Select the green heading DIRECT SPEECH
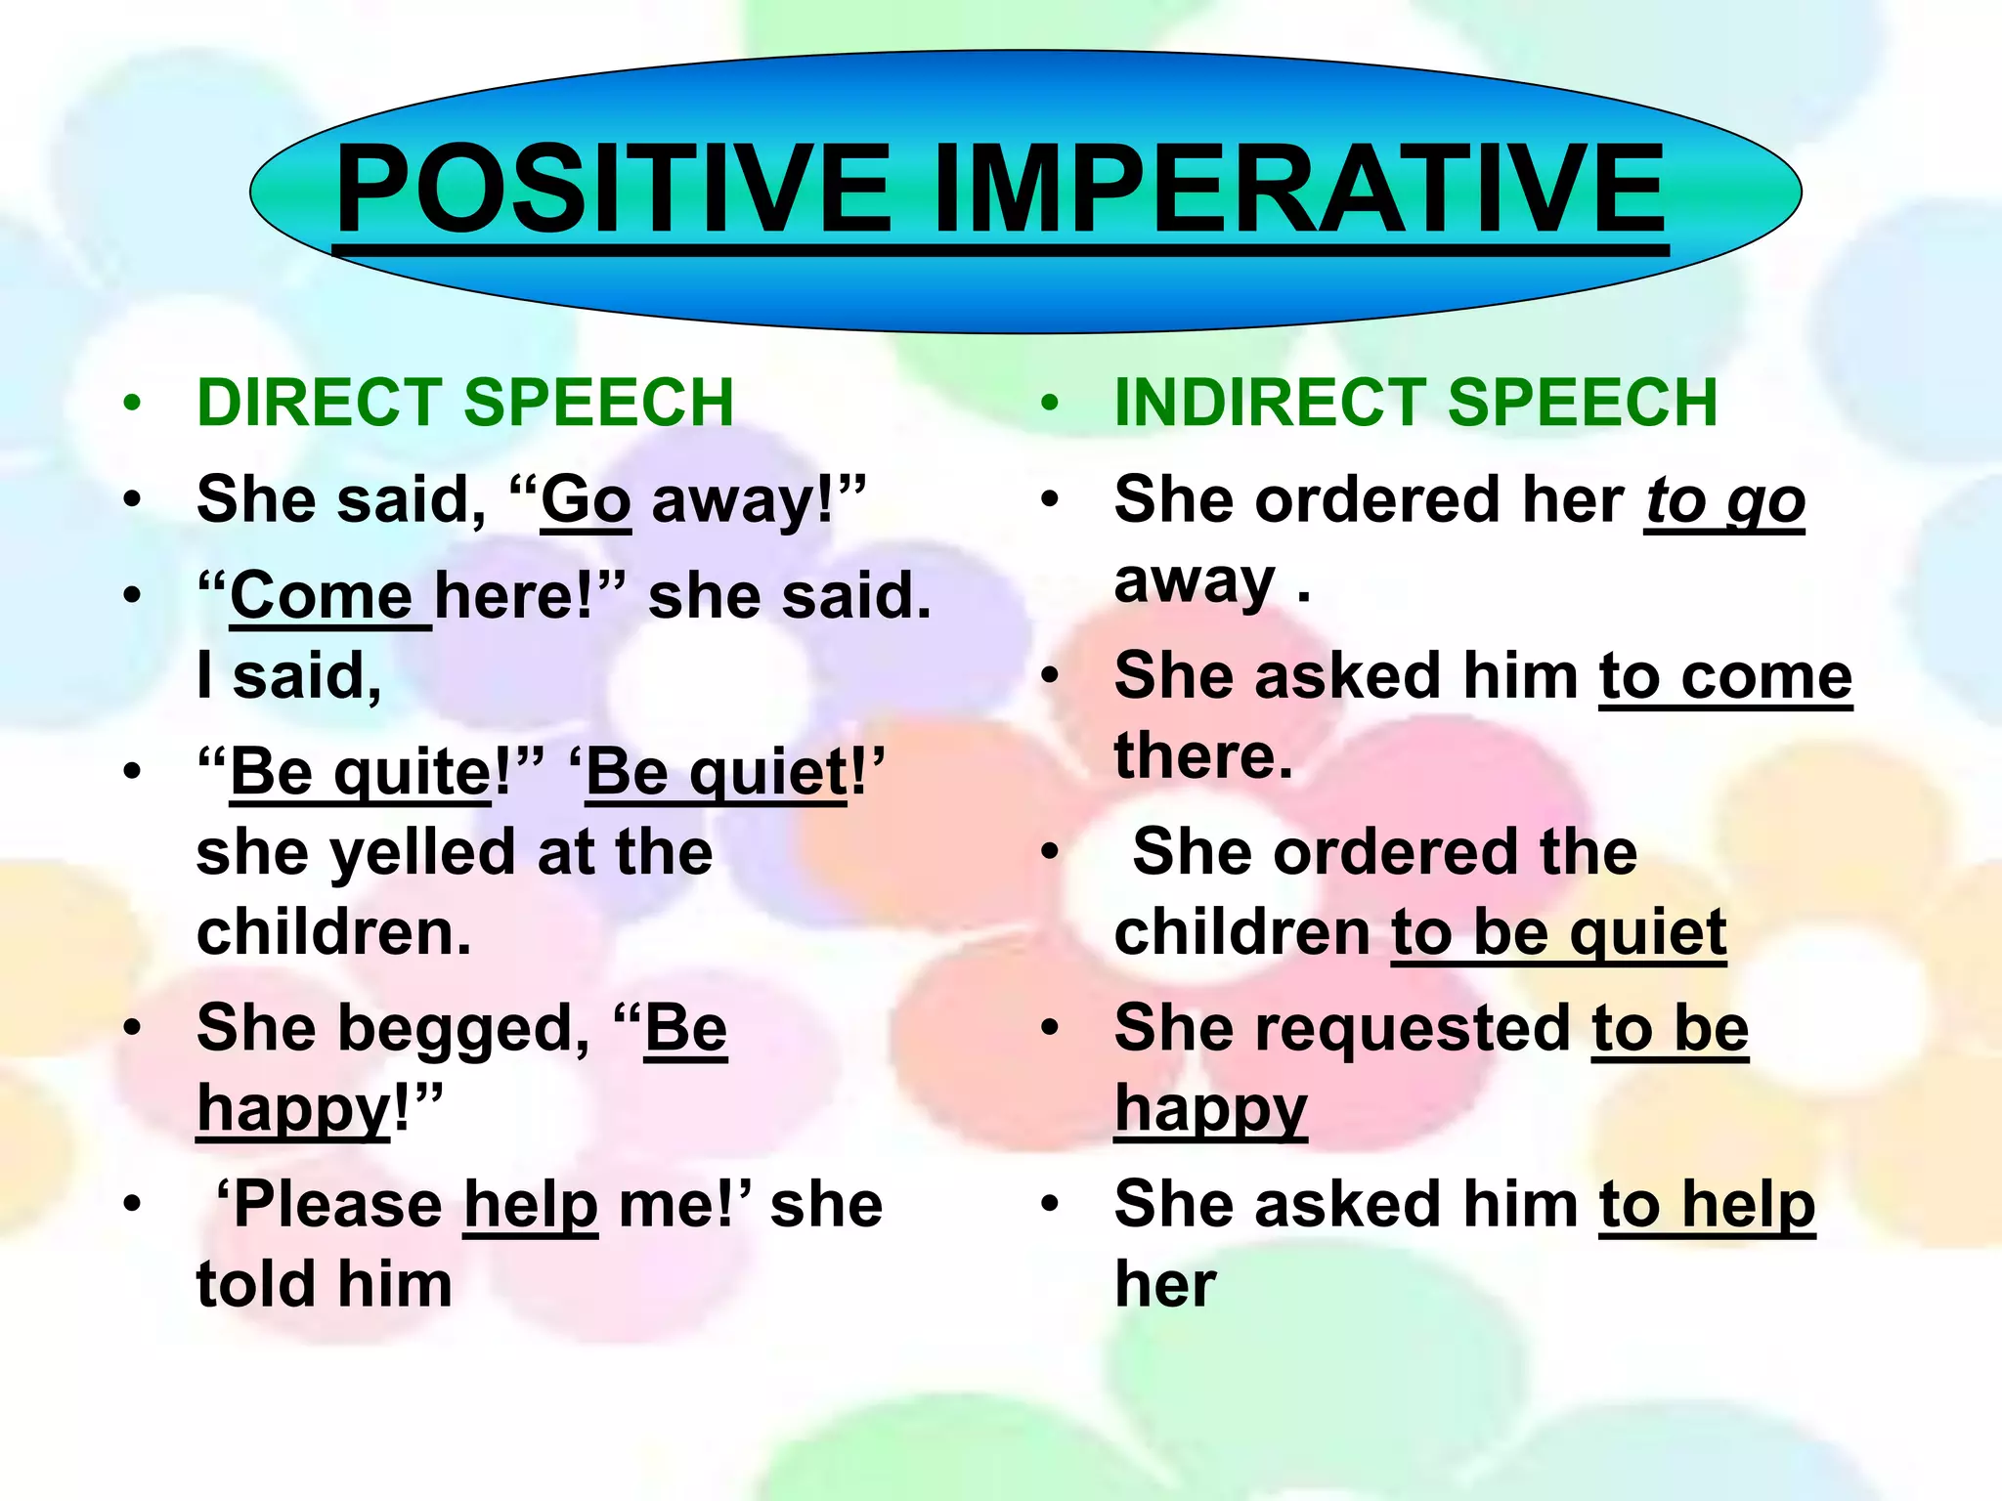[465, 403]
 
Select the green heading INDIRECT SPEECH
[1415, 403]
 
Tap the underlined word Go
[586, 500]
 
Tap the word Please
[338, 1205]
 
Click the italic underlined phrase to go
[1723, 500]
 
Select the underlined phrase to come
[1725, 676]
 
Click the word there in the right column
[1203, 756]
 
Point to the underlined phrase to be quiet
[1558, 932]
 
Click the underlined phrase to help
[1707, 1205]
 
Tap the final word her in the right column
[1165, 1285]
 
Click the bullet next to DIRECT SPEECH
[133, 403]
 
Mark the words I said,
[289, 676]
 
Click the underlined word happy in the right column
[1210, 1109]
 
